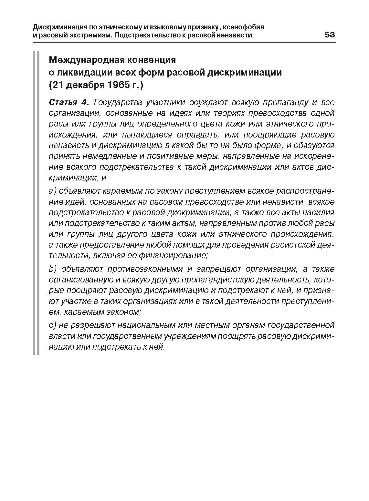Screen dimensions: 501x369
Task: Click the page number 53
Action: pyautogui.click(x=330, y=35)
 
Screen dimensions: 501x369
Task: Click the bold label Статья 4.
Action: pyautogui.click(x=69, y=103)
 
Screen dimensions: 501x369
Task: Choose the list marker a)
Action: pyautogui.click(x=53, y=191)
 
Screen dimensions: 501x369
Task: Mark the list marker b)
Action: pyautogui.click(x=53, y=269)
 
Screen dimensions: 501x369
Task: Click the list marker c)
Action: pyautogui.click(x=53, y=325)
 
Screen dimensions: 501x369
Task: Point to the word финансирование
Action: pyautogui.click(x=173, y=255)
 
